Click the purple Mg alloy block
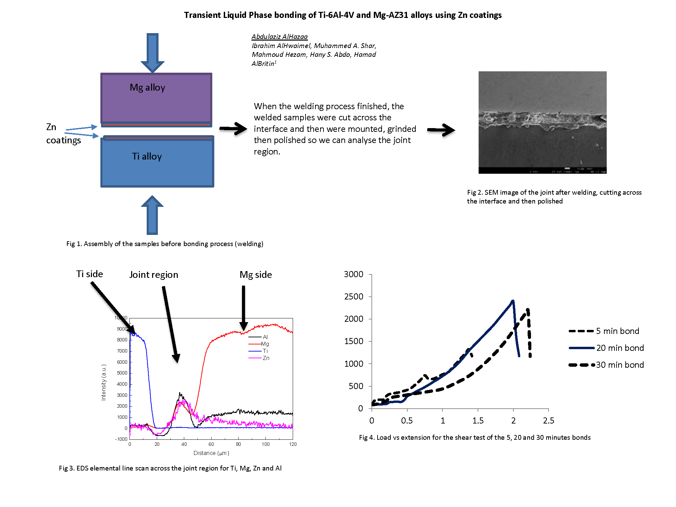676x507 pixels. tap(156, 98)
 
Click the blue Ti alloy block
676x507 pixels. tap(157, 162)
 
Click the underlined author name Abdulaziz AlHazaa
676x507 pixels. tap(280, 37)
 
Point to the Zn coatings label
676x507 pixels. tap(63, 134)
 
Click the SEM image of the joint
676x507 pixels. tap(542, 122)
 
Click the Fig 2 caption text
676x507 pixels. tap(554, 197)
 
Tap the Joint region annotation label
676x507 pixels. tap(154, 275)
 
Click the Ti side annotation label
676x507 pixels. tap(90, 274)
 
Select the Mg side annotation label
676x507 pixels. tap(256, 275)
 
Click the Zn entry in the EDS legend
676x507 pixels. tap(266, 358)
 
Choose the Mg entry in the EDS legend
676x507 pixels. tap(265, 344)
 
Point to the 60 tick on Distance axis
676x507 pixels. tap(211, 444)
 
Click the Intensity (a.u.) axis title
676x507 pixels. tap(104, 382)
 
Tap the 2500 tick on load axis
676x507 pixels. tap(354, 297)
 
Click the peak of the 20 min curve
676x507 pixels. tap(513, 300)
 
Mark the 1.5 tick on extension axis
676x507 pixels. tap(478, 420)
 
